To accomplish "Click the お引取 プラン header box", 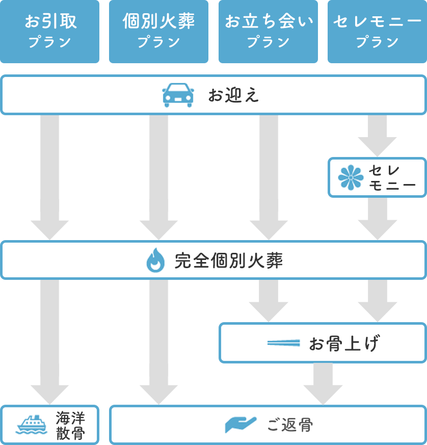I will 50,31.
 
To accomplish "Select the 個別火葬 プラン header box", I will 159,31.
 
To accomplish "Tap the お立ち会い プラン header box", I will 268,31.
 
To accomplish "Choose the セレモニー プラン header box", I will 377,31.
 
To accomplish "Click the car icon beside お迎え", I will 178,95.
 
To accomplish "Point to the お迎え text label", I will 233,95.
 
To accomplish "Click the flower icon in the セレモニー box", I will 351,177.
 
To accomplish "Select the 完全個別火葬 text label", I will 228,261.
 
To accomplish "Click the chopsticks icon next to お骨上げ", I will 283,343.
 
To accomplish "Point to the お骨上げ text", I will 344,344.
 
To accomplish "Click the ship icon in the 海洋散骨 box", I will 32,425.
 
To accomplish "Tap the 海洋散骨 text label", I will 70,425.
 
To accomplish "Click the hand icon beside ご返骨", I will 241,425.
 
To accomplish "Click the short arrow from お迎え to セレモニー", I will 377,135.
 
